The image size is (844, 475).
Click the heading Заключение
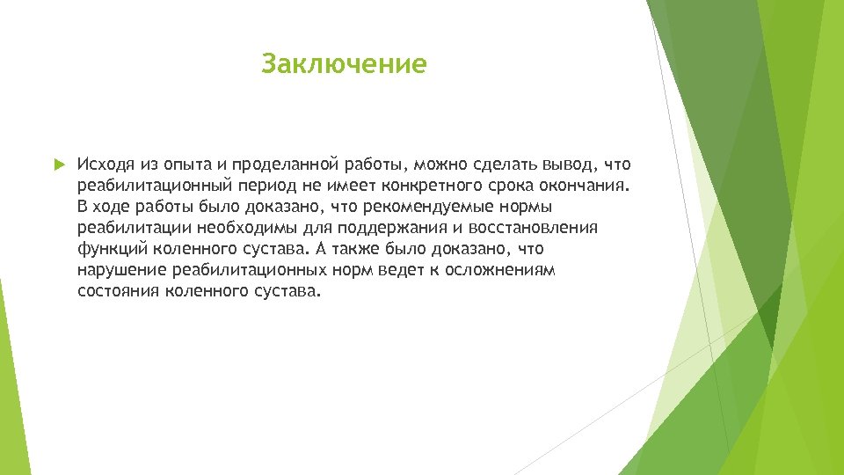point(344,64)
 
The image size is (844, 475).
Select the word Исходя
point(104,164)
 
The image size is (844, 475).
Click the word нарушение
point(121,270)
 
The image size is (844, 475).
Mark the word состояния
point(118,291)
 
